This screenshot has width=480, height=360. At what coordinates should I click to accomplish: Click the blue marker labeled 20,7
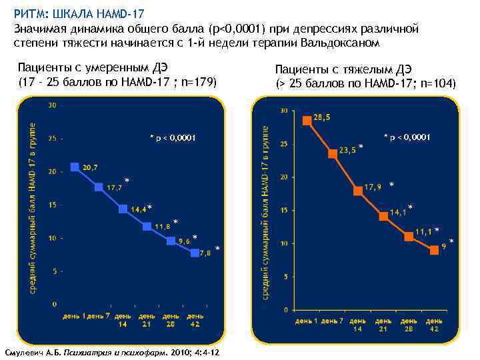75,167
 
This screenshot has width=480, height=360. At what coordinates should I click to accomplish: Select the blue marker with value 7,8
195,253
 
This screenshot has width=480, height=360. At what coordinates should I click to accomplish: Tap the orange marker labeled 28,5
307,121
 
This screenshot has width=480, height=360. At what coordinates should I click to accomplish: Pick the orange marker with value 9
434,250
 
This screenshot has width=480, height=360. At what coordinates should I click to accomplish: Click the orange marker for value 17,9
358,191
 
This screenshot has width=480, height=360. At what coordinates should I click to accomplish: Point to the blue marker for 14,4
123,209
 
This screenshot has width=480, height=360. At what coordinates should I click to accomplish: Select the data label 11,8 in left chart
163,227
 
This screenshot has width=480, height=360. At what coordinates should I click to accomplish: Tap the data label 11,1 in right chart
424,232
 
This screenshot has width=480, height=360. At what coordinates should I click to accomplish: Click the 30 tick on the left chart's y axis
52,105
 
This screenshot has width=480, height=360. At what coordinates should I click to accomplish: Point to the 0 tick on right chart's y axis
285,310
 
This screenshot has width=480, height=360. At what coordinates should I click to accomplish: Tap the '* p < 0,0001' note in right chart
407,137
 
